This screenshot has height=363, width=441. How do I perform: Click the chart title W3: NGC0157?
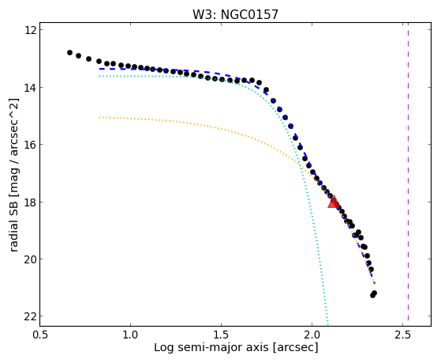[x=235, y=15]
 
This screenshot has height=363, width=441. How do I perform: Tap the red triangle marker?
[x=334, y=202]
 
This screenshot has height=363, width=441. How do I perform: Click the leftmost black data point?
[x=69, y=52]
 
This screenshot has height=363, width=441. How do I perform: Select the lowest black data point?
[x=372, y=295]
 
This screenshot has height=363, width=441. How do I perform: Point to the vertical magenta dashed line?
[x=408, y=174]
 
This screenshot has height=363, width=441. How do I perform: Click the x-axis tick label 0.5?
[x=40, y=335]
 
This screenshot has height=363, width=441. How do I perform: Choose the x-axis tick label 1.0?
[x=130, y=335]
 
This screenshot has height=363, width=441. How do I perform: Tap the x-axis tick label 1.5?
[x=222, y=335]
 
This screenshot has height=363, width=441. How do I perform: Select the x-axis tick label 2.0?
[x=312, y=335]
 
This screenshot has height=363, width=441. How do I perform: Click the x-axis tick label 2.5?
[x=403, y=335]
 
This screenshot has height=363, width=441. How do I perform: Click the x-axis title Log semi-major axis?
[x=211, y=347]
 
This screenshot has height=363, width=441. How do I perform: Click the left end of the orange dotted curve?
[x=99, y=117]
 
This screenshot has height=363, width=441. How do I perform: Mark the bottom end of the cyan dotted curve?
[x=327, y=323]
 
